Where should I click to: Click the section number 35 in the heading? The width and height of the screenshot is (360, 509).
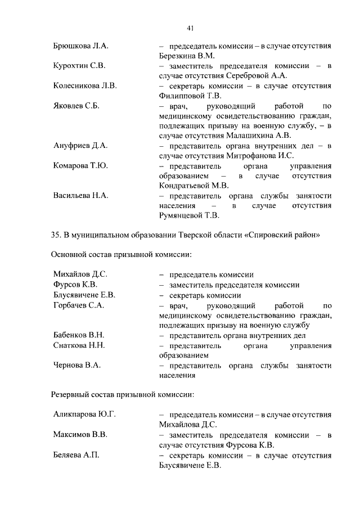[x=56, y=235]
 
